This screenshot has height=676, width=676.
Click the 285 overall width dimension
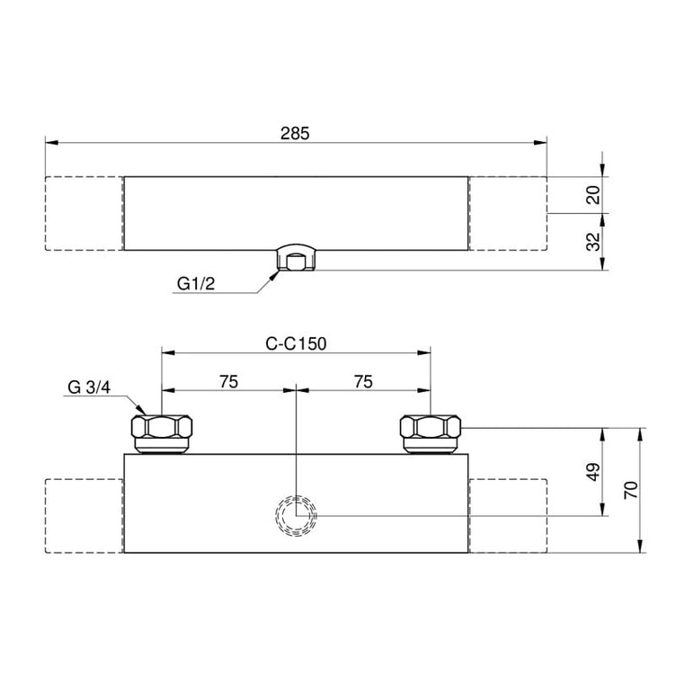(295, 134)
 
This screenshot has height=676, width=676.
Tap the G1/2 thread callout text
(196, 284)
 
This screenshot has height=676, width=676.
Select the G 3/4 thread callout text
(89, 387)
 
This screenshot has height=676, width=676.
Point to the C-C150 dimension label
(296, 344)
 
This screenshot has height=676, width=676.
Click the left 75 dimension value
(228, 382)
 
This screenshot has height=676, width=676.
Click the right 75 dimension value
(363, 382)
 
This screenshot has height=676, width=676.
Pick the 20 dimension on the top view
(594, 195)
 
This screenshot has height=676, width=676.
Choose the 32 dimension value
(594, 242)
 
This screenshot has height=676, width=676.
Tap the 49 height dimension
(593, 472)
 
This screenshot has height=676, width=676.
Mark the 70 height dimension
(631, 490)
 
